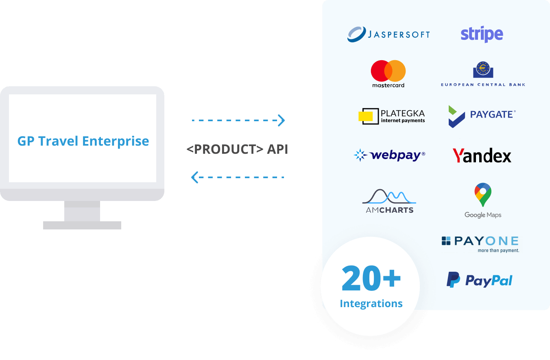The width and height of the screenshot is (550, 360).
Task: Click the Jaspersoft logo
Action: tap(388, 34)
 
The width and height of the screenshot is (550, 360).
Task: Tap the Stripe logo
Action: tap(482, 35)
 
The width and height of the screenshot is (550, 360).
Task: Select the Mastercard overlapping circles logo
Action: tap(388, 71)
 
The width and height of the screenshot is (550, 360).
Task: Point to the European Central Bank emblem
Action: tap(483, 70)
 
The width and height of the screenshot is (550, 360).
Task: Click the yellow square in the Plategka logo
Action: tap(365, 116)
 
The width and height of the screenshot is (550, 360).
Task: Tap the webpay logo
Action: tap(389, 155)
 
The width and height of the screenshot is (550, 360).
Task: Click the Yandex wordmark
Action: tap(482, 156)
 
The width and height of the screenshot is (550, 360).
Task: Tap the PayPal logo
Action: tap(480, 280)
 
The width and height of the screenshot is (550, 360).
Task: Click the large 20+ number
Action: tap(371, 279)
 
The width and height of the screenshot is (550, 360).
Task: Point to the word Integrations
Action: tap(371, 303)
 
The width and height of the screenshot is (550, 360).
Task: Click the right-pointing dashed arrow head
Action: tap(282, 120)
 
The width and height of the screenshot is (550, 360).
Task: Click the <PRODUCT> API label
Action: tap(237, 149)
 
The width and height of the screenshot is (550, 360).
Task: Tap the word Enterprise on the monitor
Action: tap(116, 141)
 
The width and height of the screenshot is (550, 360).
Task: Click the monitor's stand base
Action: tap(82, 225)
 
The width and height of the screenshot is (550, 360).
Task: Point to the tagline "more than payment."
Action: tap(498, 251)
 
